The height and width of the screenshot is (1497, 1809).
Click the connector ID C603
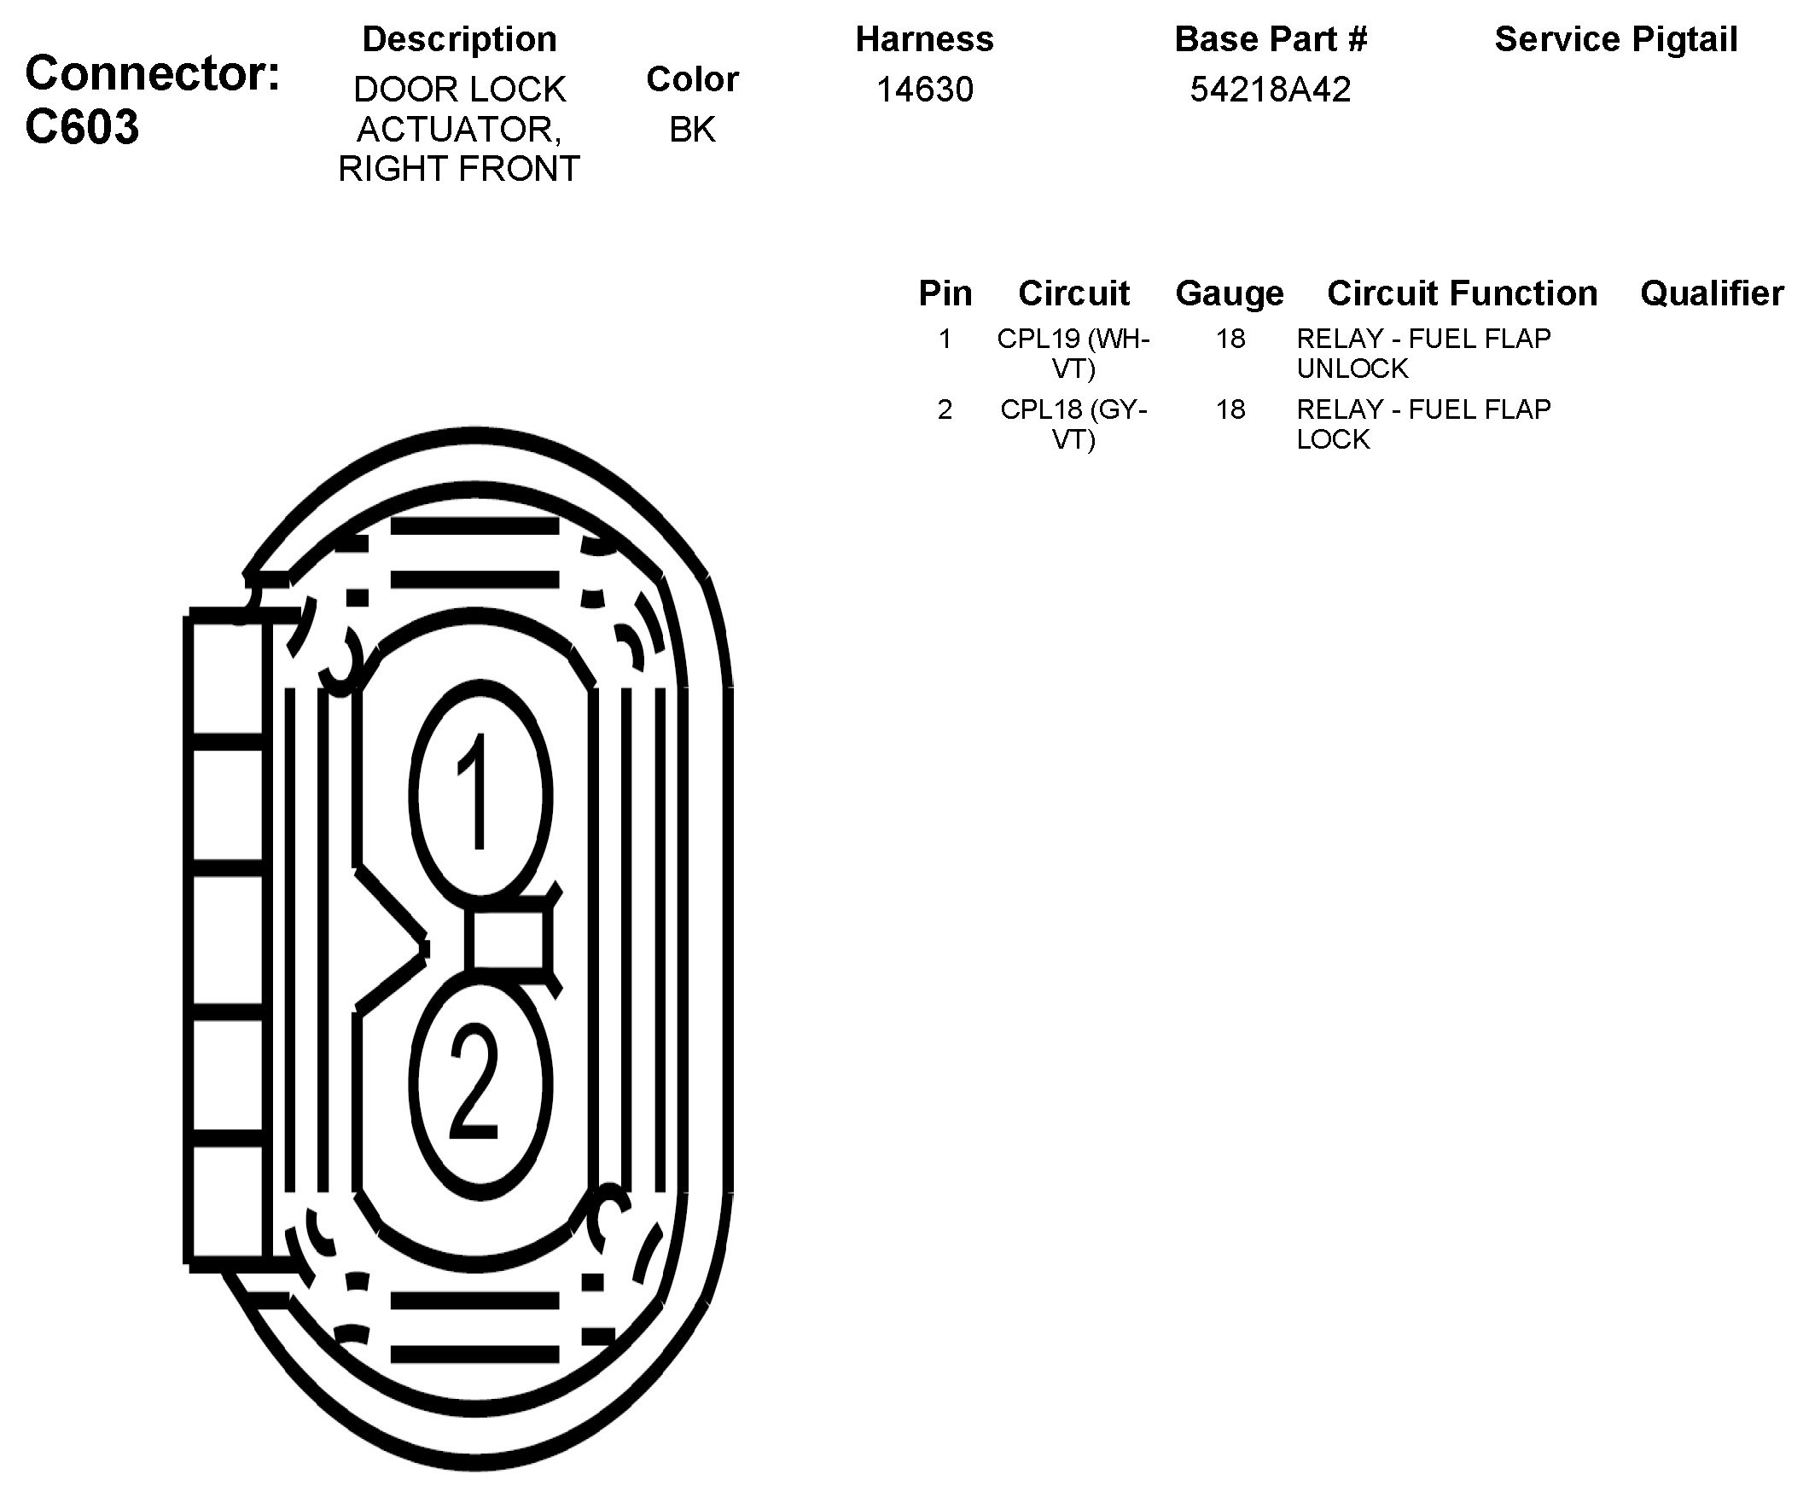click(82, 127)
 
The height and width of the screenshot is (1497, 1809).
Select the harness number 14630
click(924, 90)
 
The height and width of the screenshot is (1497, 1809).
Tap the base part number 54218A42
click(1270, 90)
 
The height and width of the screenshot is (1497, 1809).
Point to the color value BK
click(692, 129)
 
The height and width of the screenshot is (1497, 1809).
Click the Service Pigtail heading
click(1615, 39)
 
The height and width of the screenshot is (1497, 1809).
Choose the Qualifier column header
click(1712, 293)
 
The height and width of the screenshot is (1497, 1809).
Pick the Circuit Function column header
click(1462, 293)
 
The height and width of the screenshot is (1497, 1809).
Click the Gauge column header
click(1230, 293)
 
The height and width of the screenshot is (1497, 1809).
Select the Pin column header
click(945, 293)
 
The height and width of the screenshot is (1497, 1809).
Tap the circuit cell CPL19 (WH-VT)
click(1073, 353)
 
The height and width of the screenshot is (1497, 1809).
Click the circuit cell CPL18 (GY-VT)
click(1073, 424)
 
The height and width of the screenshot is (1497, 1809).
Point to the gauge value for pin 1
click(1230, 339)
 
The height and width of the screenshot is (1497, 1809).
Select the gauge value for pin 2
click(1230, 409)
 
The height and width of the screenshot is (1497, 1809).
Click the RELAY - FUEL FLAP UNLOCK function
click(1423, 353)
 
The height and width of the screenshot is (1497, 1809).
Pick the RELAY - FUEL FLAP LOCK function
click(1423, 424)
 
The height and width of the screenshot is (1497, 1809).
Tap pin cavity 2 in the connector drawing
click(479, 1083)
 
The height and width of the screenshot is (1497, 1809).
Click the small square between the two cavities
click(506, 941)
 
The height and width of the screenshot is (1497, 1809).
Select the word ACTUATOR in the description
click(459, 129)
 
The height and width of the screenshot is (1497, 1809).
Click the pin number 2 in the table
click(945, 409)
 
